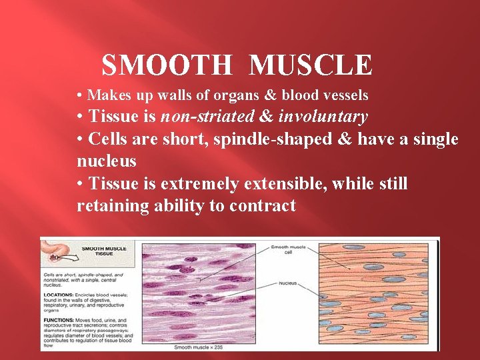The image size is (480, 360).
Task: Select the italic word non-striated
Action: pyautogui.click(x=207, y=117)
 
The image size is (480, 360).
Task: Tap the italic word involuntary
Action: pyautogui.click(x=323, y=117)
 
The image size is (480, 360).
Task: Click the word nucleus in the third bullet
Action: pyautogui.click(x=107, y=161)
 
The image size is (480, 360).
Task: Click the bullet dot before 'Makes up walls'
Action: pyautogui.click(x=80, y=95)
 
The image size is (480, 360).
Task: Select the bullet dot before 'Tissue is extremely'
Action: pyautogui.click(x=80, y=183)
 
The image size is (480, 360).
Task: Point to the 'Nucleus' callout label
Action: pyautogui.click(x=288, y=283)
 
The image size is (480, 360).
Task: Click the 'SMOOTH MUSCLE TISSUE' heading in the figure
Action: pyautogui.click(x=103, y=251)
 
